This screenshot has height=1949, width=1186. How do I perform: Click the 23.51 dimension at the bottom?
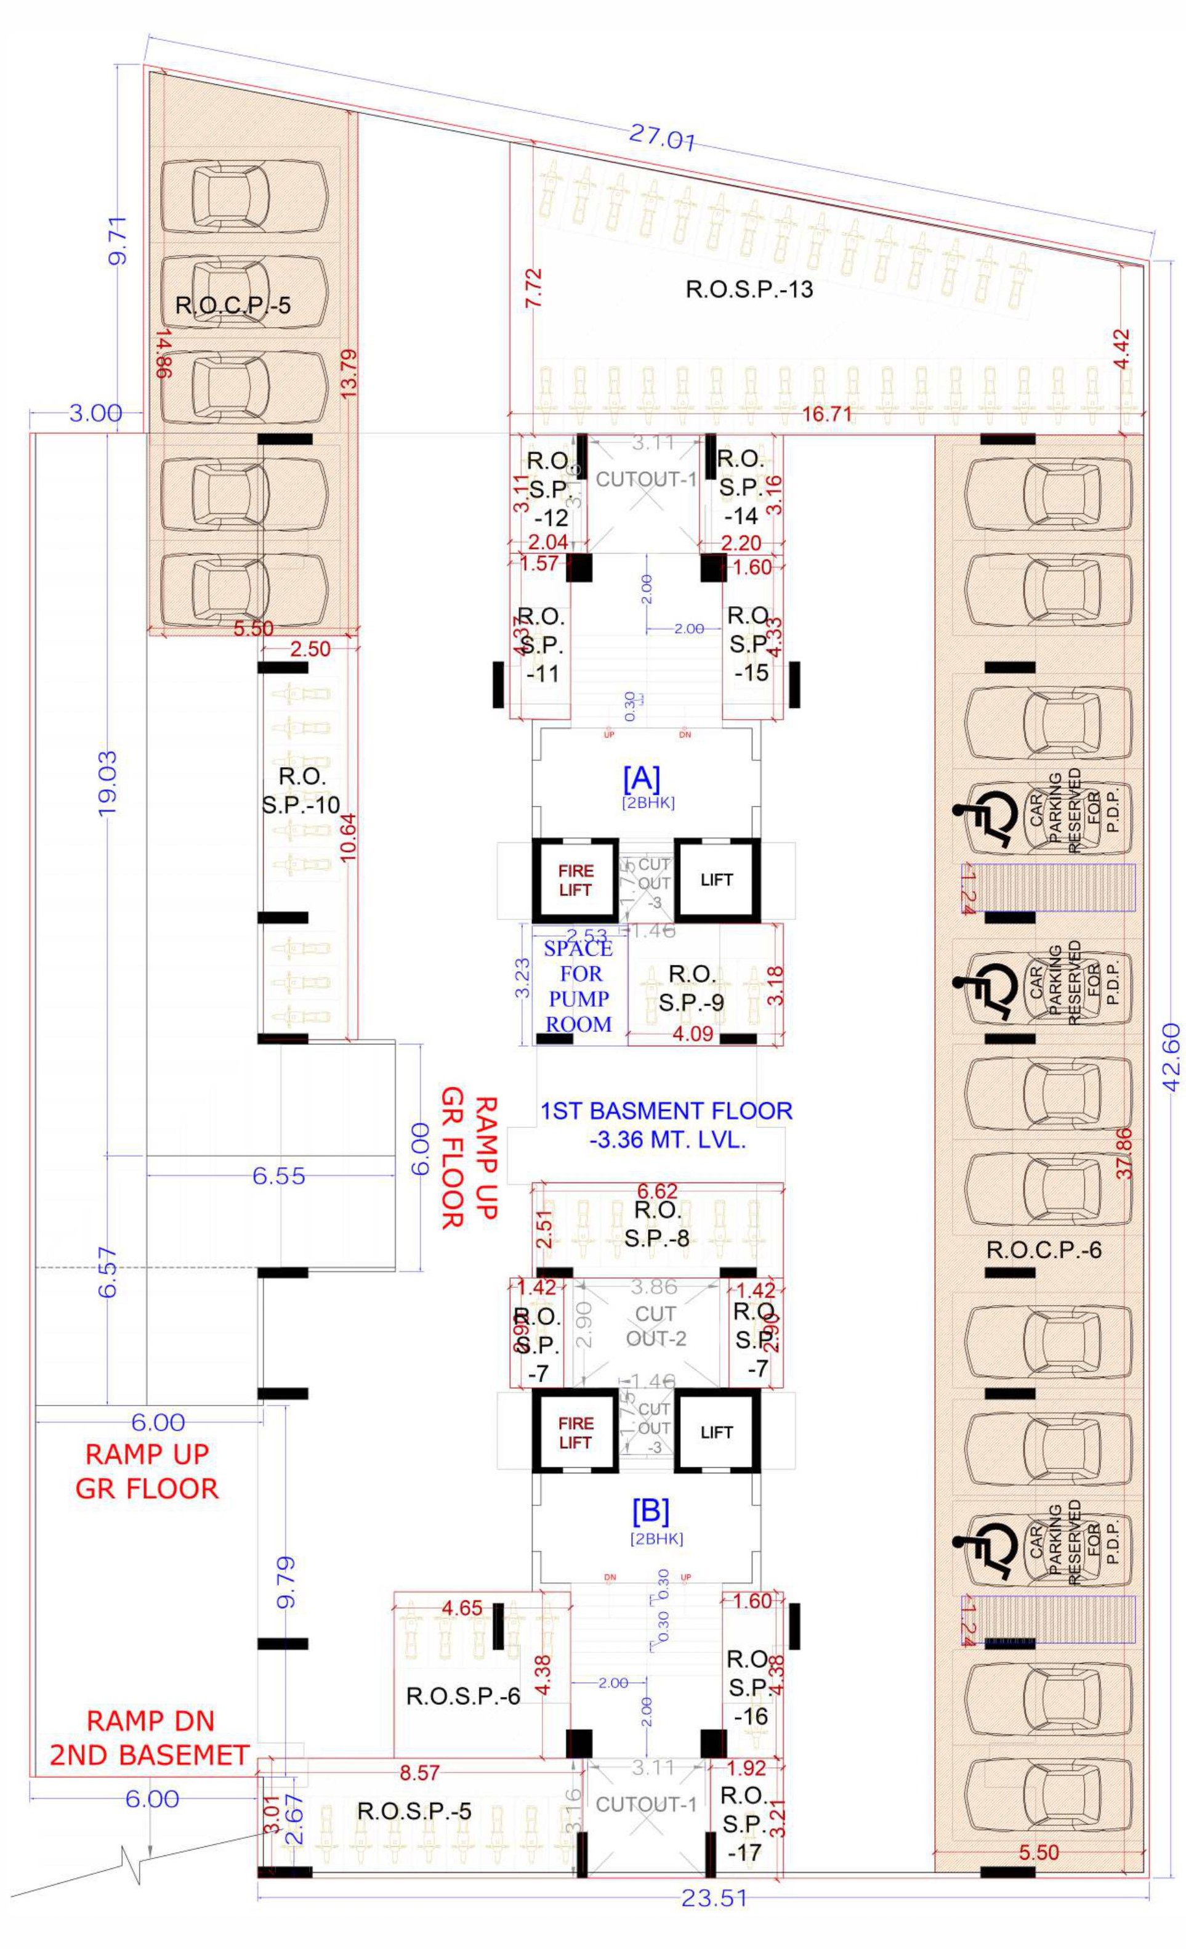click(x=713, y=1937)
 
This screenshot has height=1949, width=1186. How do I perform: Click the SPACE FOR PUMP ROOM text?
click(x=579, y=987)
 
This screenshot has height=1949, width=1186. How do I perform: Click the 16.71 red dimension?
click(x=826, y=413)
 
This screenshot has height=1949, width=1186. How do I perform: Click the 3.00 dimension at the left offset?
click(x=94, y=413)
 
